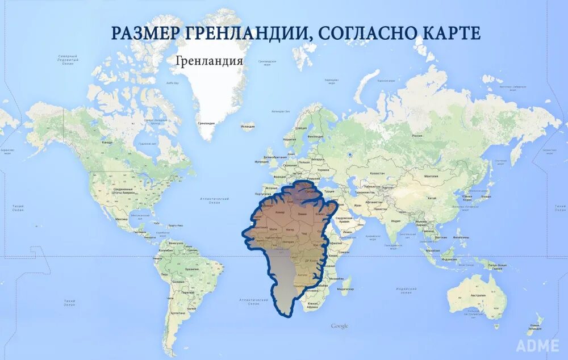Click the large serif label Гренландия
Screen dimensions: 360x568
pos(210,60)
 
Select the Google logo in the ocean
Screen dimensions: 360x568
pos(340,326)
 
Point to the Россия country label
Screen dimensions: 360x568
pos(417,136)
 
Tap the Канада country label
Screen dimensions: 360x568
pos(107,142)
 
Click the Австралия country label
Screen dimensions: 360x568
pos(477,295)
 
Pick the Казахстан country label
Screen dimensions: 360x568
pos(377,173)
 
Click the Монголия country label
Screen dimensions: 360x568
pos(431,177)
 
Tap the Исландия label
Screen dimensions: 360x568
pos(248,127)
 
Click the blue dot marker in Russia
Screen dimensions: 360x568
pos(350,152)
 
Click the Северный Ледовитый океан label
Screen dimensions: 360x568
pos(68,60)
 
